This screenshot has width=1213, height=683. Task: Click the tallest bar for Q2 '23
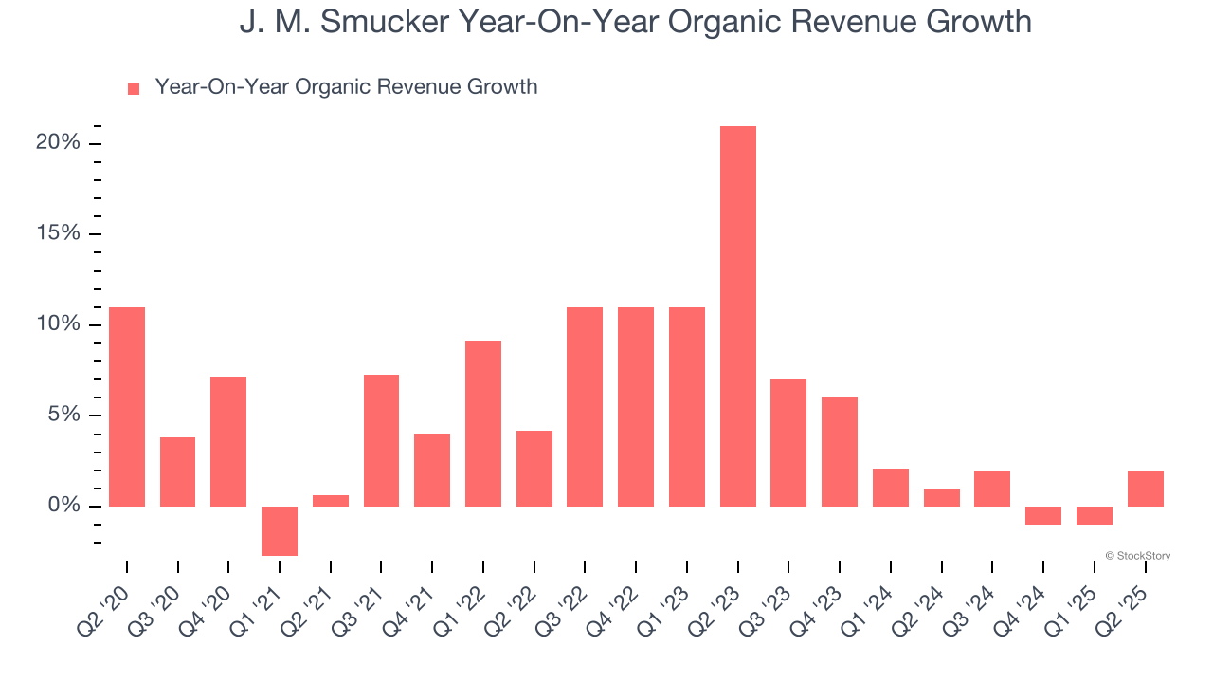737,316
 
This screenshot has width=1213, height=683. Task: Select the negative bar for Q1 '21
280,530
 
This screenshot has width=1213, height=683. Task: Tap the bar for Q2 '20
127,406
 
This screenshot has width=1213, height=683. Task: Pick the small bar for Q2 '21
331,500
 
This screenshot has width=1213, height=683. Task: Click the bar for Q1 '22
483,423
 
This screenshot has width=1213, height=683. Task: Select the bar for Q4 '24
1043,515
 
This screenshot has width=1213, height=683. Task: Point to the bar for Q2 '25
1145,488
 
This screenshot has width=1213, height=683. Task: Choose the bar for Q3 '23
788,442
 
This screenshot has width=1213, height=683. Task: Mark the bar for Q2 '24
941,497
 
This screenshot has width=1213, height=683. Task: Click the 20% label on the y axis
58,143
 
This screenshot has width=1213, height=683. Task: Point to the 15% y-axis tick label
58,234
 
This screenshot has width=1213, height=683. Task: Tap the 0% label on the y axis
63,506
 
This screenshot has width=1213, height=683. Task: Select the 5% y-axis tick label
63,415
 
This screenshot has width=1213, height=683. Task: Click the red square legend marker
134,88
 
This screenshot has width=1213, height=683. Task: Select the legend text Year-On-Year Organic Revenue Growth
346,87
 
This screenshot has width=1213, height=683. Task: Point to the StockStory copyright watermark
1137,556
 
